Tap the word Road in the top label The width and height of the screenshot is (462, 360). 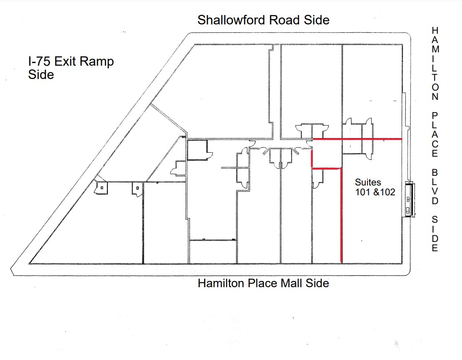click(x=287, y=20)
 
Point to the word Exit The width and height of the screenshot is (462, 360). click(x=68, y=62)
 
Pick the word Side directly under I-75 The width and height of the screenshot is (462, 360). click(x=41, y=75)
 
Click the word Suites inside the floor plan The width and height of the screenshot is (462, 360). click(x=368, y=182)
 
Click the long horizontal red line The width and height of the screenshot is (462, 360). click(x=358, y=139)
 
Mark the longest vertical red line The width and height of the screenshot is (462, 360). click(x=341, y=215)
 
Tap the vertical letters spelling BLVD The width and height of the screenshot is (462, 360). click(x=435, y=186)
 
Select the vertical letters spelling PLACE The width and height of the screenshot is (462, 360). click(x=435, y=134)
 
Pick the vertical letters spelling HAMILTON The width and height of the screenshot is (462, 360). click(x=435, y=63)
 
